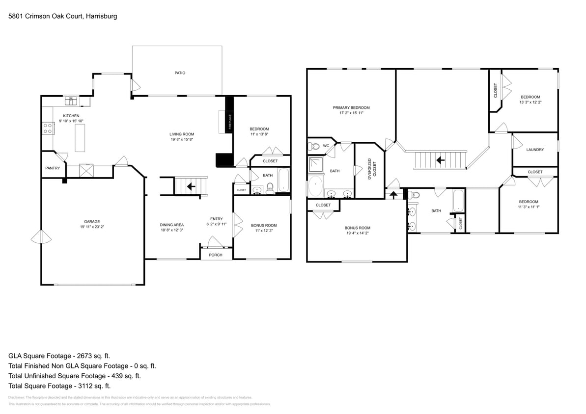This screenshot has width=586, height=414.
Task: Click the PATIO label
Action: (x=180, y=73)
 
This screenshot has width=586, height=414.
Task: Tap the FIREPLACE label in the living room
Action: (x=230, y=121)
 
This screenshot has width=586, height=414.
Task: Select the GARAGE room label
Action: (x=92, y=222)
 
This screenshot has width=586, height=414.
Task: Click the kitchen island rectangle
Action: (x=80, y=137)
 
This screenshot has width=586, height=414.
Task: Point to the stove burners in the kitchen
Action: (x=48, y=129)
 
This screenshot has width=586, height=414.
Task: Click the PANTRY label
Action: (x=53, y=168)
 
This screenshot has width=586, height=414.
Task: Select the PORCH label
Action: (x=216, y=255)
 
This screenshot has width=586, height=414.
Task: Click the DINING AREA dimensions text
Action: (x=172, y=230)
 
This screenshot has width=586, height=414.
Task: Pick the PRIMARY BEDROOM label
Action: (x=351, y=108)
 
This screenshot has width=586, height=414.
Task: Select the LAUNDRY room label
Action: (x=535, y=150)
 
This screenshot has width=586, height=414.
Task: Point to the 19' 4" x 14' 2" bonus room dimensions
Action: (x=357, y=233)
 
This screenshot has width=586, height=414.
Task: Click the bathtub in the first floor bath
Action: (x=284, y=181)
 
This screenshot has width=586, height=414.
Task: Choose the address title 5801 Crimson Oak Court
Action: (x=62, y=16)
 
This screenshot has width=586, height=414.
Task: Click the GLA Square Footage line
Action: (x=62, y=356)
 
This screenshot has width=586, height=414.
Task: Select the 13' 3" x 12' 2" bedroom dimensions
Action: (x=530, y=103)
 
